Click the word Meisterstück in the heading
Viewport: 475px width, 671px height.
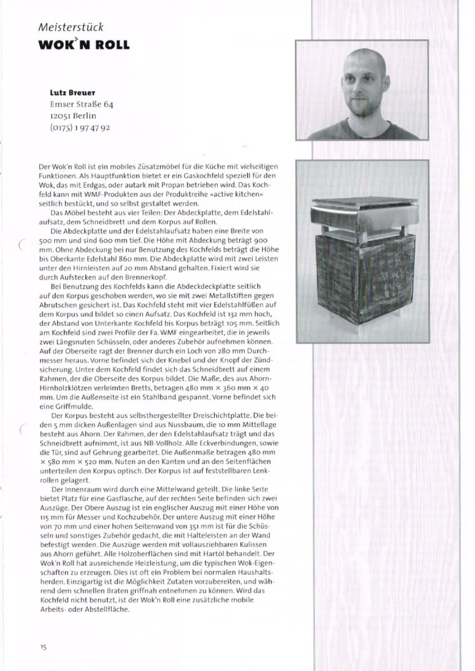[71, 27]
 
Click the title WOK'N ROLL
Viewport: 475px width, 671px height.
[84, 44]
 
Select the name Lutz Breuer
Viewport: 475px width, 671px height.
[72, 93]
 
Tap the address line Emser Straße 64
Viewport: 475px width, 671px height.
[81, 104]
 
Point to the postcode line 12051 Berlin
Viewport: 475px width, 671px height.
[73, 116]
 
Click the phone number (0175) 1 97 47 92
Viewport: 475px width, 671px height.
[80, 128]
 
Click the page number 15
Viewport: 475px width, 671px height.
[43, 647]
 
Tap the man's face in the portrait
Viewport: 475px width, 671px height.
[363, 85]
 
